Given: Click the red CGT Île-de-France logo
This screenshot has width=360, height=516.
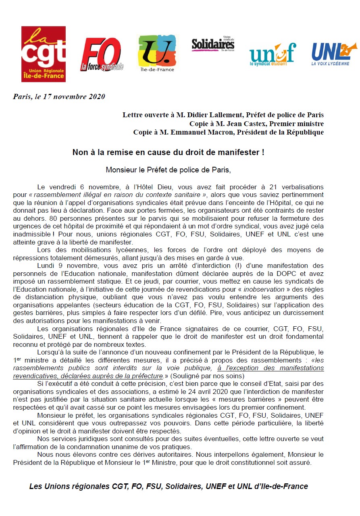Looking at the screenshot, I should click(x=44, y=54).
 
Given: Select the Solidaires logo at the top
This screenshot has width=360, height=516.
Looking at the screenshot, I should click(x=213, y=45).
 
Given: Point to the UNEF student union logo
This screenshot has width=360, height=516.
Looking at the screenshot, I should click(x=273, y=54).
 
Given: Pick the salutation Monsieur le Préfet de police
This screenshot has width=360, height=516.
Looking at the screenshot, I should click(x=168, y=170).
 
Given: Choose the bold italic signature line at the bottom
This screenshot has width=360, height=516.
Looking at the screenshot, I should click(x=169, y=486).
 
